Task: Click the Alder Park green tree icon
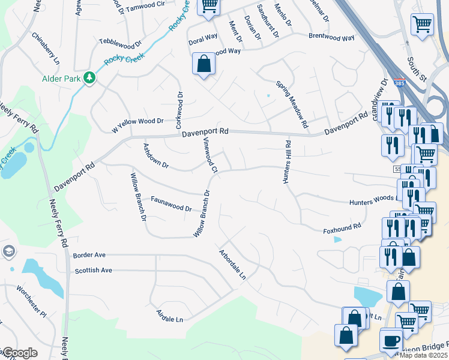tap(89, 77)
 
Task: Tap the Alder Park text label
tap(61, 78)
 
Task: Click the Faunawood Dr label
tap(170, 205)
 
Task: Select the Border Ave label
tap(89, 254)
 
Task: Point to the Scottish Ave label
tap(93, 270)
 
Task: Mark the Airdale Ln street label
tap(169, 316)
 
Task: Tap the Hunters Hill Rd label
tap(288, 162)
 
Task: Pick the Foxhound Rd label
tap(342, 227)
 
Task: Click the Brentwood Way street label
tap(331, 37)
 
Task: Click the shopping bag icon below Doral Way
tap(203, 64)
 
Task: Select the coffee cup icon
tap(391, 340)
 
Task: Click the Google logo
tap(20, 353)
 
